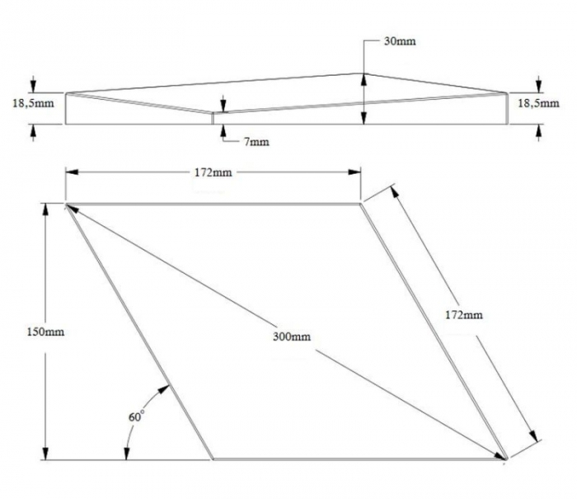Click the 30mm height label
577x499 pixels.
(400, 41)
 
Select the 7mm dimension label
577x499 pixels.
(256, 142)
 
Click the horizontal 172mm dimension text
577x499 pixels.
(213, 172)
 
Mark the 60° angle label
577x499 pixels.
(136, 417)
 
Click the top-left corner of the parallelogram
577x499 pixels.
(66, 204)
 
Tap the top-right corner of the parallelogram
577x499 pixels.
(360, 203)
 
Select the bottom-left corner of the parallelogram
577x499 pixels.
(213, 458)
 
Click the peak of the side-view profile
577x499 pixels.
(363, 73)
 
